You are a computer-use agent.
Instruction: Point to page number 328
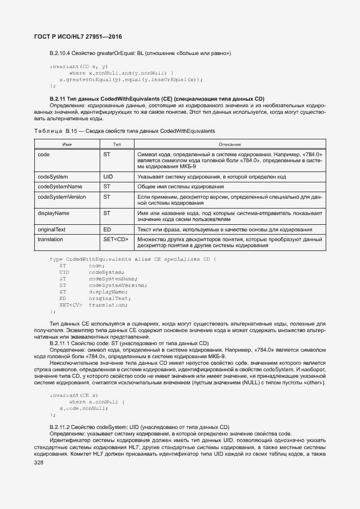(39, 462)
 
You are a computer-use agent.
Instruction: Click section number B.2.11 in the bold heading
(58, 98)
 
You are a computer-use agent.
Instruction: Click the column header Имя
(68, 144)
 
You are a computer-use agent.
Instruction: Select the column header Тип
(117, 144)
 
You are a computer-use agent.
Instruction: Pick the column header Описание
(230, 144)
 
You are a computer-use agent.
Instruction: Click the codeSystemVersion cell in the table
(62, 197)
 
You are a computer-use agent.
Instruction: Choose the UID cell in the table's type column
(108, 177)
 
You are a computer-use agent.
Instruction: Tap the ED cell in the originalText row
(107, 229)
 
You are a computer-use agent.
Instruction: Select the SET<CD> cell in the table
(115, 239)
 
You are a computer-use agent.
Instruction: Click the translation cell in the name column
(50, 239)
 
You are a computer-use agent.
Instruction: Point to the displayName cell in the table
(53, 213)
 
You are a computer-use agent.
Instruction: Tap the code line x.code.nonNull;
(83, 408)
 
